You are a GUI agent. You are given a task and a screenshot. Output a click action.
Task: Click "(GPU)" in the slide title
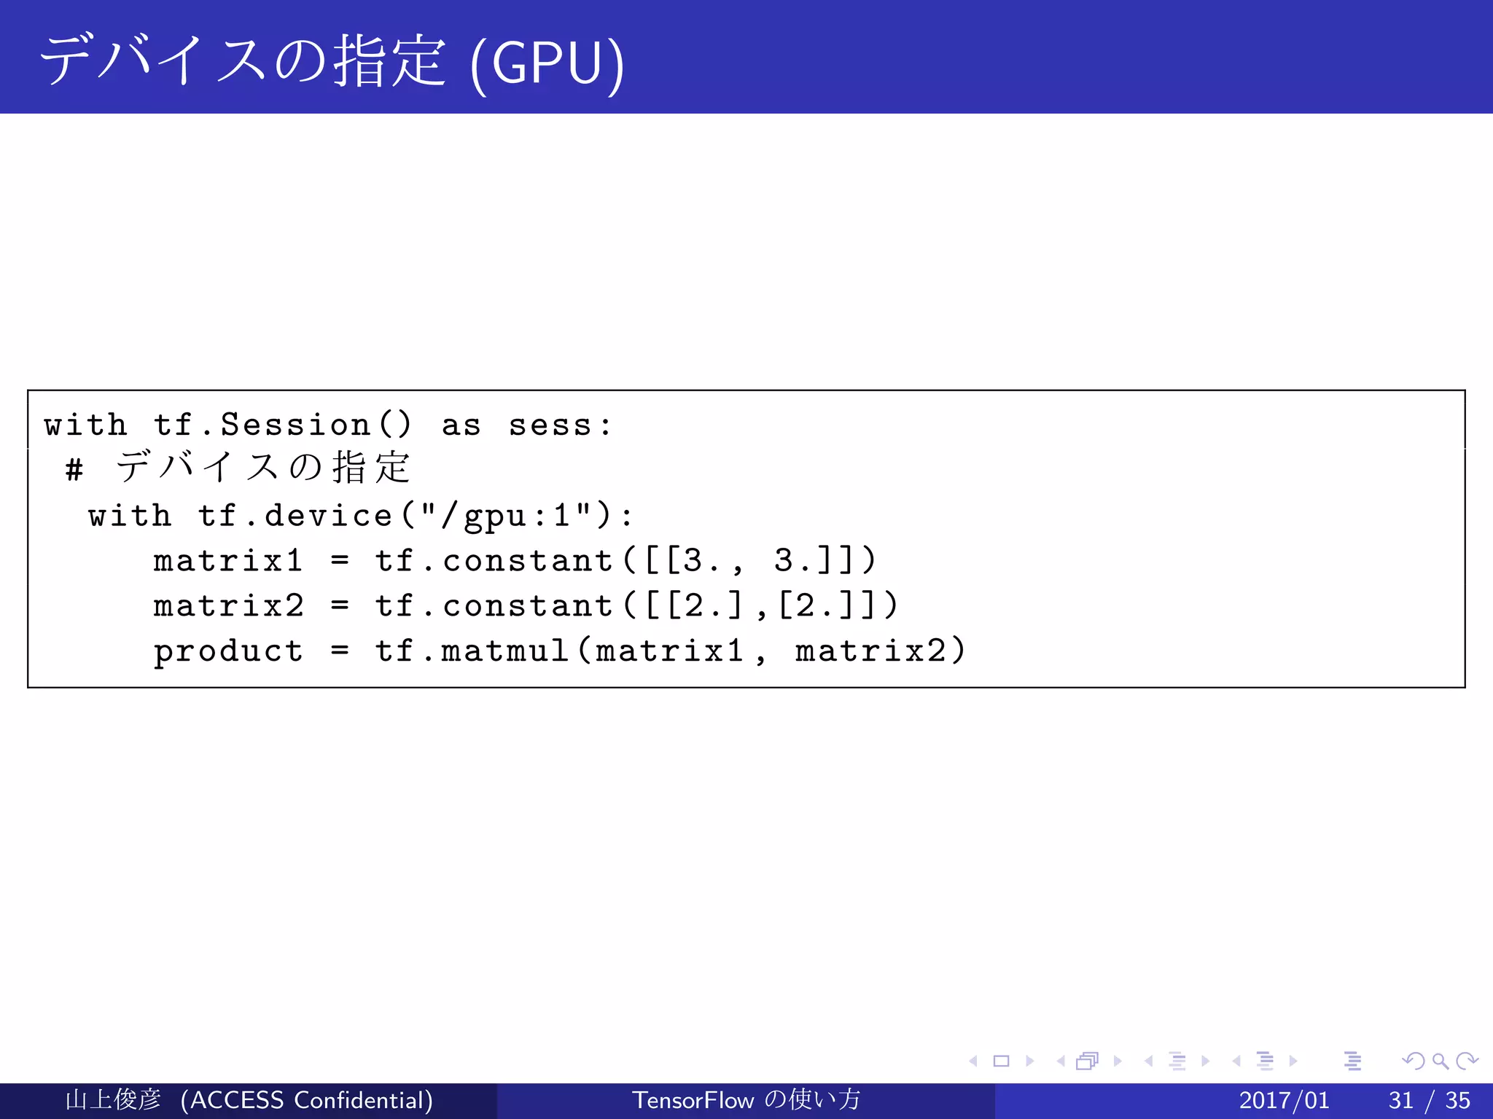click(547, 64)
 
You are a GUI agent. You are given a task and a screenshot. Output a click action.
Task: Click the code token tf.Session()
click(283, 425)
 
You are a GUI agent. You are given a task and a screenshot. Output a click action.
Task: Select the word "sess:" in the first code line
click(560, 425)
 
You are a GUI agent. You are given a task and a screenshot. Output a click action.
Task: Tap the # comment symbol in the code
click(74, 470)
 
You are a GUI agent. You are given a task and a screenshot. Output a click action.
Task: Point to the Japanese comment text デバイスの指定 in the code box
click(262, 467)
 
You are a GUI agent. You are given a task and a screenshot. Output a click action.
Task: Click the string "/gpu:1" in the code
click(506, 516)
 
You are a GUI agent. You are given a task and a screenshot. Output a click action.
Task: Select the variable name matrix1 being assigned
click(227, 561)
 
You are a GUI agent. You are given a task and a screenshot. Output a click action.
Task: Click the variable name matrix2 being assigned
click(227, 606)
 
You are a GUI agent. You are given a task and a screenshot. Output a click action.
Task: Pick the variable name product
click(227, 651)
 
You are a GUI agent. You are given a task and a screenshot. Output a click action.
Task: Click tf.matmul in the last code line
click(472, 651)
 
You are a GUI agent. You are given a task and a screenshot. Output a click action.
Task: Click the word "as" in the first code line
click(461, 425)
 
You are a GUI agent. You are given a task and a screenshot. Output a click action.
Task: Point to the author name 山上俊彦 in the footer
click(113, 1100)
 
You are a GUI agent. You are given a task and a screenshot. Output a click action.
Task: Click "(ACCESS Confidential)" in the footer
click(307, 1100)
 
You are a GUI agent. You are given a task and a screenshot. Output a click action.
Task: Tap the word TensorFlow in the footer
click(692, 1100)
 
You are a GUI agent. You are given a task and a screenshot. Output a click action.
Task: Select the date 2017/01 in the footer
click(1284, 1100)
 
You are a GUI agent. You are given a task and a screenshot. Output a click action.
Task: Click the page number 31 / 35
click(1429, 1100)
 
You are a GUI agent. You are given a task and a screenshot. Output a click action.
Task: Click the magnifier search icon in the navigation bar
click(1440, 1061)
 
